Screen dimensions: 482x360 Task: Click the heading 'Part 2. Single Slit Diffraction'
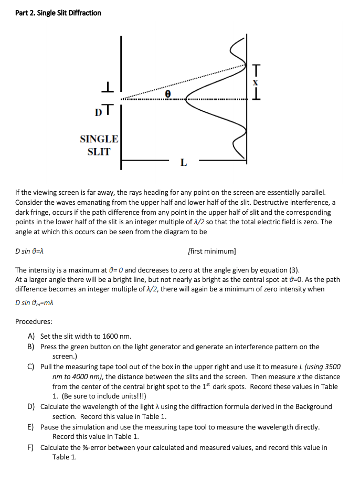coord(58,13)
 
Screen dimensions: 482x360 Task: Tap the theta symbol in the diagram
coord(167,93)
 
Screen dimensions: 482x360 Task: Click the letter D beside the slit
coord(98,111)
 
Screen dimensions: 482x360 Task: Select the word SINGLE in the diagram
coord(99,139)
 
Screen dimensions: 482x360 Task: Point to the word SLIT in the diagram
coord(99,152)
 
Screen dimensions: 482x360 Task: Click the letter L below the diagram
coord(183,162)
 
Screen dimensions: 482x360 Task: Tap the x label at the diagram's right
coord(256,82)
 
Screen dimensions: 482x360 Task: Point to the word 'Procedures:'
coord(34,321)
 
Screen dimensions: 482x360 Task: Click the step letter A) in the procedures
coord(31,336)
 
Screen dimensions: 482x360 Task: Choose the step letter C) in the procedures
coord(31,366)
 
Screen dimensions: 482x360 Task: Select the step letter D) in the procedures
coord(31,406)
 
